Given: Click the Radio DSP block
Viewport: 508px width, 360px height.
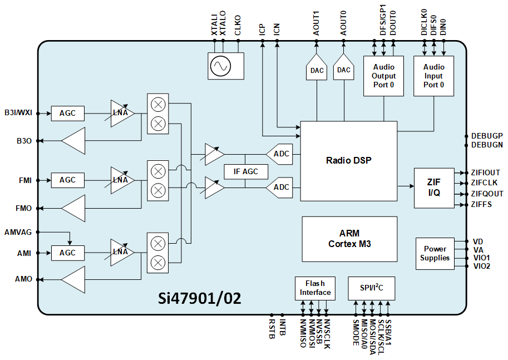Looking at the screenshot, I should pos(348,161).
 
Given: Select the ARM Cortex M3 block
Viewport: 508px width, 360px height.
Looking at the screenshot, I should pos(349,239).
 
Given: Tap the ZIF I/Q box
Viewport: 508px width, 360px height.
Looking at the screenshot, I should pos(433,188).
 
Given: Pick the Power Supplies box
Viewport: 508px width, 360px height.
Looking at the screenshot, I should pos(435,254).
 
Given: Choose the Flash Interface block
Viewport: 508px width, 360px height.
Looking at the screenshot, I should pos(315,288).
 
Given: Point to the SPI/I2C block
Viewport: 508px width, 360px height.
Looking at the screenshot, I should pos(371,288).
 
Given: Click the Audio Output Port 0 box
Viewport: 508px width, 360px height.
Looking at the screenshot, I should pos(383,76).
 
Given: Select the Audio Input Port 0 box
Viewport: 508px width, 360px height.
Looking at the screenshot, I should pos(433,76).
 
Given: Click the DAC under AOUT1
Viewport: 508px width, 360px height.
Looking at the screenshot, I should pos(317,69).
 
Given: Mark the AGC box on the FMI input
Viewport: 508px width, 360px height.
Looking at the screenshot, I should pos(67,180).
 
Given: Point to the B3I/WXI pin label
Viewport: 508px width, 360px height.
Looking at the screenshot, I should pos(18,113).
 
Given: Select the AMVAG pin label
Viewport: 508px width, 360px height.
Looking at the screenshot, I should pos(18,232).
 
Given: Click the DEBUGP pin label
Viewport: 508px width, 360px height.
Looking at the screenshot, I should pos(487,136).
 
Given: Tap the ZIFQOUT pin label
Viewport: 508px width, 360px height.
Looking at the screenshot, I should pos(487,194).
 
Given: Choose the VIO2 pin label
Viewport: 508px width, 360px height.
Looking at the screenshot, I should pos(482,267).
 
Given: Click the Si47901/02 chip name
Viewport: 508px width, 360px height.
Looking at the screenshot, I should pos(200,298).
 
